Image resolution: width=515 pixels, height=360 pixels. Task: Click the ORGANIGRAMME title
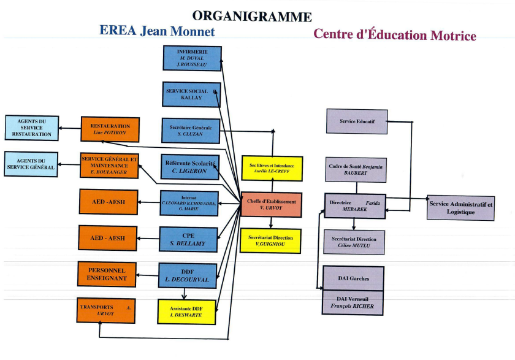[x=252, y=16]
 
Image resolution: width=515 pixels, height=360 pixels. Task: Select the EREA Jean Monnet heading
[x=157, y=31]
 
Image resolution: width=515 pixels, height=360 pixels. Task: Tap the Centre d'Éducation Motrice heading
[x=394, y=35]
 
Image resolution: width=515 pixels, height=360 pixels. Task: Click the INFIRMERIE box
[x=192, y=58]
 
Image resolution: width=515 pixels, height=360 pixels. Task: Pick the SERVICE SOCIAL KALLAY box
[x=191, y=94]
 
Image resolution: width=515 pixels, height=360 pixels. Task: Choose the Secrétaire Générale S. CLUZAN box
[x=190, y=131]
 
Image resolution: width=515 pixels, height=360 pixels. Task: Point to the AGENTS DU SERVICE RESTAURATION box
[x=32, y=128]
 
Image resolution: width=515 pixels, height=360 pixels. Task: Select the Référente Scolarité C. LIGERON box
[x=190, y=167]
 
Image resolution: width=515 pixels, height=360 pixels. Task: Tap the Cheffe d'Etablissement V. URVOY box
[x=271, y=204]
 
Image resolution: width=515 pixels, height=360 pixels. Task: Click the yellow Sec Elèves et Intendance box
[x=272, y=169]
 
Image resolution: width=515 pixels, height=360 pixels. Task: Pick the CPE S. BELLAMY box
[x=188, y=240]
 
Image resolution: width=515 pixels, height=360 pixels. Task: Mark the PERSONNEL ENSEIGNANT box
[x=107, y=274]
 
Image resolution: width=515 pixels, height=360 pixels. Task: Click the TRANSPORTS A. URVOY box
[x=107, y=310]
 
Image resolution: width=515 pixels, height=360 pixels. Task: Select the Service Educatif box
[x=357, y=121]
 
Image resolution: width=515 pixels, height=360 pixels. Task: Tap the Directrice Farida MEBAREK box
[x=355, y=205]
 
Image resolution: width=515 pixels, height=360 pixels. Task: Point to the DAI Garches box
[x=353, y=278]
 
